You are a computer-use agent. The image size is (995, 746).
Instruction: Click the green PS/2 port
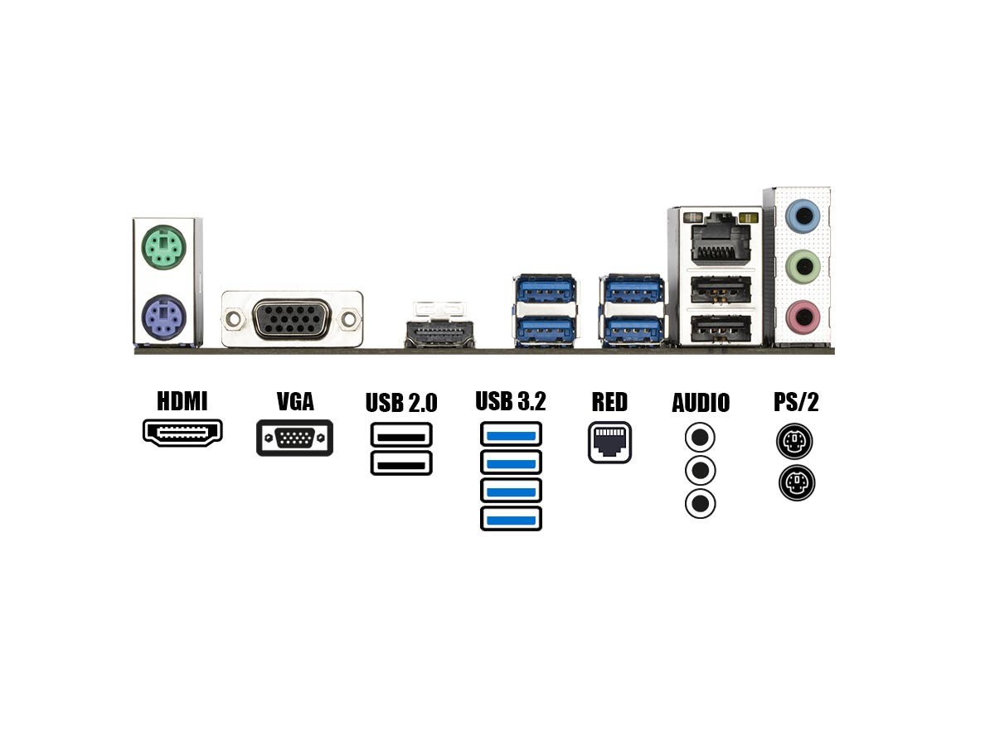coord(163,247)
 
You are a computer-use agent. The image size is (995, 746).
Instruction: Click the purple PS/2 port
coord(163,317)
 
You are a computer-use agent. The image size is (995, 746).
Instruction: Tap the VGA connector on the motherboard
coord(292,319)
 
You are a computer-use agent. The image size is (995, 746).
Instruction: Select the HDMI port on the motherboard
coord(439,334)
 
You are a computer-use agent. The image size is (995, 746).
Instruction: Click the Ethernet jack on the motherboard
coord(721,239)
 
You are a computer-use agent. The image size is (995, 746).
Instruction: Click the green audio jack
coord(803,266)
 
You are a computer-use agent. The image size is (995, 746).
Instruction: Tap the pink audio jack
coord(803,316)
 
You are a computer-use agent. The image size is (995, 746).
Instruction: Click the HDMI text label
coord(182,401)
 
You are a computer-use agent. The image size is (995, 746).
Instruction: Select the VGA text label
coord(295,401)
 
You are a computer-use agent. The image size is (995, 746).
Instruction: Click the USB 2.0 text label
coord(401,403)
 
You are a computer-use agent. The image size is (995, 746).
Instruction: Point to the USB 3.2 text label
coord(511,401)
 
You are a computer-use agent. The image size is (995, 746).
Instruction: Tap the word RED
coord(609,402)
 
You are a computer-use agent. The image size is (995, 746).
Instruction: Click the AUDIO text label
coord(701,403)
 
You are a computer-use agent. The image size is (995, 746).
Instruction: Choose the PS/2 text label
coord(796,402)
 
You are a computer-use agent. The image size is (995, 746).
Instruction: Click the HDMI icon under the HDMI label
coord(182,433)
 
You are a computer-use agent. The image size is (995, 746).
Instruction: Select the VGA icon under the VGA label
coord(294,438)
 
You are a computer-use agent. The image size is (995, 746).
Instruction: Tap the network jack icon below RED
coord(609,443)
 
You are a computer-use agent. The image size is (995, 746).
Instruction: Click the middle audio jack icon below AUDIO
coord(701,471)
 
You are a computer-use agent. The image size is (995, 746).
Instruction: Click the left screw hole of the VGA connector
coord(234,319)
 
